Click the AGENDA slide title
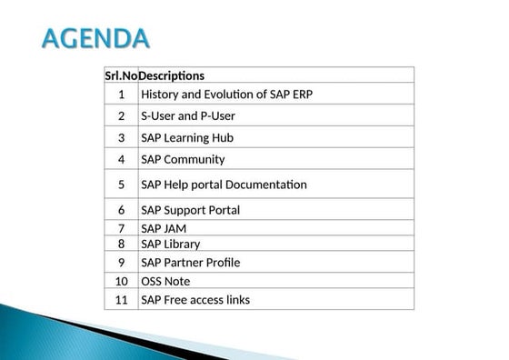(x=96, y=39)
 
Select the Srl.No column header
(x=122, y=75)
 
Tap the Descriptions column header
(x=172, y=75)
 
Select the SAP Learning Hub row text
(x=187, y=138)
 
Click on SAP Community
(x=183, y=159)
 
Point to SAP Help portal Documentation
(x=224, y=185)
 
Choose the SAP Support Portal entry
(x=190, y=210)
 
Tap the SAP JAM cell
(x=164, y=228)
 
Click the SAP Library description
(x=170, y=244)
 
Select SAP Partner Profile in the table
(x=190, y=263)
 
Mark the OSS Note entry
(x=165, y=281)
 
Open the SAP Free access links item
(x=195, y=300)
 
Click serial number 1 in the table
(x=122, y=94)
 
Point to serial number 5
(x=122, y=185)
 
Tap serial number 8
(x=122, y=244)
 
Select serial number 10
(x=122, y=281)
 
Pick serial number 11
(x=122, y=300)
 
